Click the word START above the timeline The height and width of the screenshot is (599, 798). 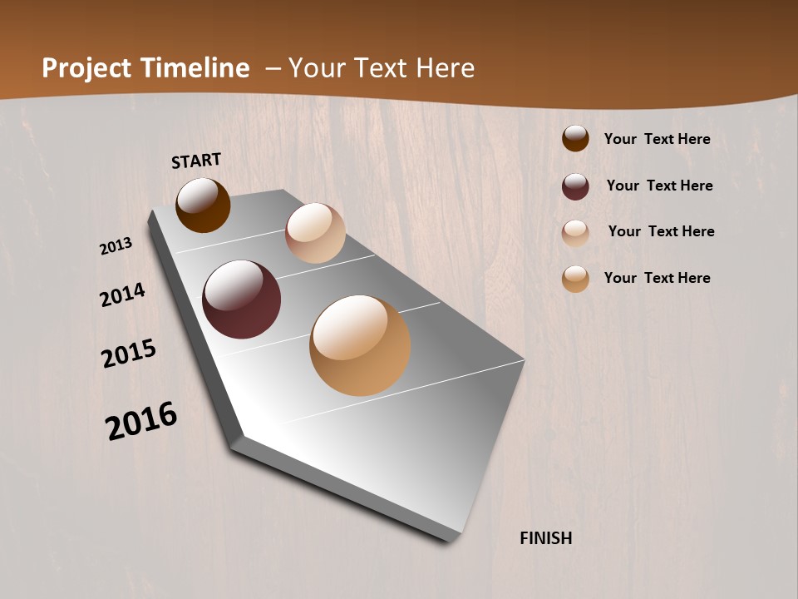(x=196, y=161)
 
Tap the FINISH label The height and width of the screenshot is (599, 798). (x=546, y=538)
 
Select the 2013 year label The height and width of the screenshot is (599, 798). (x=116, y=246)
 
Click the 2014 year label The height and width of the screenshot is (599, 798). (x=122, y=295)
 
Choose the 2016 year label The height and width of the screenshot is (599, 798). (x=141, y=420)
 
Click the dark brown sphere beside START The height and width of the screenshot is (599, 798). (x=203, y=205)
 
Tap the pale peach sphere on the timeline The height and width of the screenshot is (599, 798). (x=315, y=233)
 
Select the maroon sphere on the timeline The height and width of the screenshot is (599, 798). (x=241, y=299)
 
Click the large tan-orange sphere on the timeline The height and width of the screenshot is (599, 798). (x=360, y=345)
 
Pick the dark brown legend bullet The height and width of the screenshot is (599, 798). (x=575, y=139)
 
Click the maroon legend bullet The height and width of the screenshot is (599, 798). (x=575, y=186)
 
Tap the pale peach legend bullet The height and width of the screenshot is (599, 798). (x=575, y=233)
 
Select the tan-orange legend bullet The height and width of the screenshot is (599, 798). (x=575, y=279)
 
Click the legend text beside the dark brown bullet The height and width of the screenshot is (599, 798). (x=657, y=139)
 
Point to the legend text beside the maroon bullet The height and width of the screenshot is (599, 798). (x=659, y=186)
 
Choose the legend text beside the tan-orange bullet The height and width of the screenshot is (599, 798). (x=657, y=278)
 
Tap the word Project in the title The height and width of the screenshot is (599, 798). (x=85, y=68)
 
